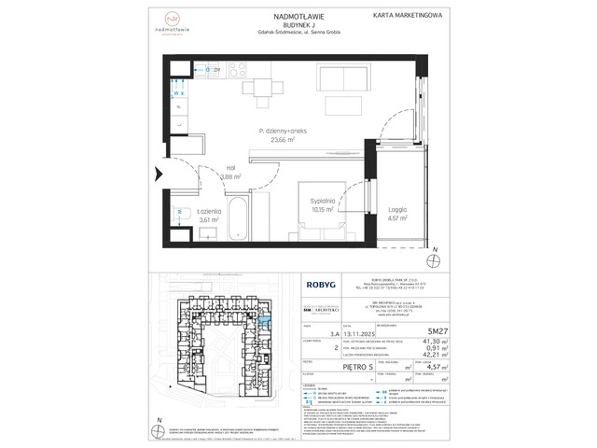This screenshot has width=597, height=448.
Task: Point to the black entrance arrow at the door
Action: [157, 174]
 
